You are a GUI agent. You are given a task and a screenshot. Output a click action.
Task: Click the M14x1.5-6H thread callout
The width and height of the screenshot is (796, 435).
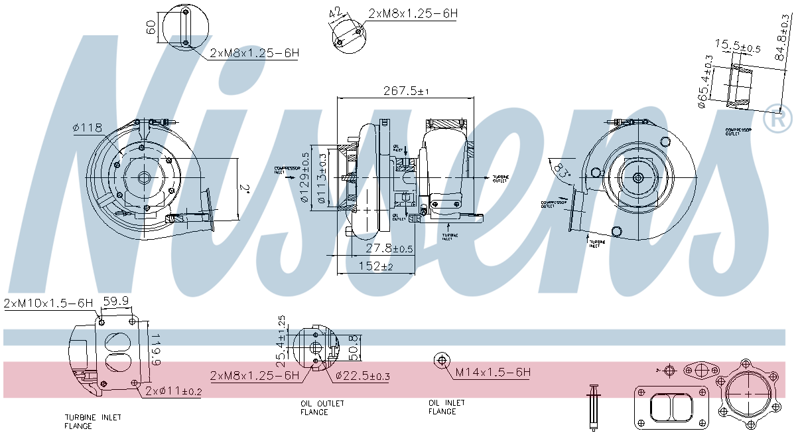[x=492, y=373]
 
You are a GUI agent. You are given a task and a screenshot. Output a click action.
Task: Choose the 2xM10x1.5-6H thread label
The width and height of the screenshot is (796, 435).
[x=48, y=304]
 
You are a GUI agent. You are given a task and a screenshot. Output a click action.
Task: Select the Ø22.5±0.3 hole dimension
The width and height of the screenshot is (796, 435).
[x=362, y=377]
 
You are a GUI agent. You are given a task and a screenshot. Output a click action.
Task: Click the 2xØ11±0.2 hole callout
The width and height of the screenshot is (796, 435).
[x=174, y=391]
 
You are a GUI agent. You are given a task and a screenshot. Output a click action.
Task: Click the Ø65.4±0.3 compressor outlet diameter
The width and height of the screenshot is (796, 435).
[x=704, y=80]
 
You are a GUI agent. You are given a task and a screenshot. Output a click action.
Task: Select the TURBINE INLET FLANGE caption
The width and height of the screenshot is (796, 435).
[x=92, y=422]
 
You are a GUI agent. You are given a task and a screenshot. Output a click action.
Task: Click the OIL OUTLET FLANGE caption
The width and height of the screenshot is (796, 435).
[x=322, y=408]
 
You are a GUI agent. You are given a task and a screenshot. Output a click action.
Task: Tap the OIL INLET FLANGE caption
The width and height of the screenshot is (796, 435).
[x=446, y=407]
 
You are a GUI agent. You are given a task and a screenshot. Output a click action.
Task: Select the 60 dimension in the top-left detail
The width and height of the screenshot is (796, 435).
[x=151, y=27]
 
